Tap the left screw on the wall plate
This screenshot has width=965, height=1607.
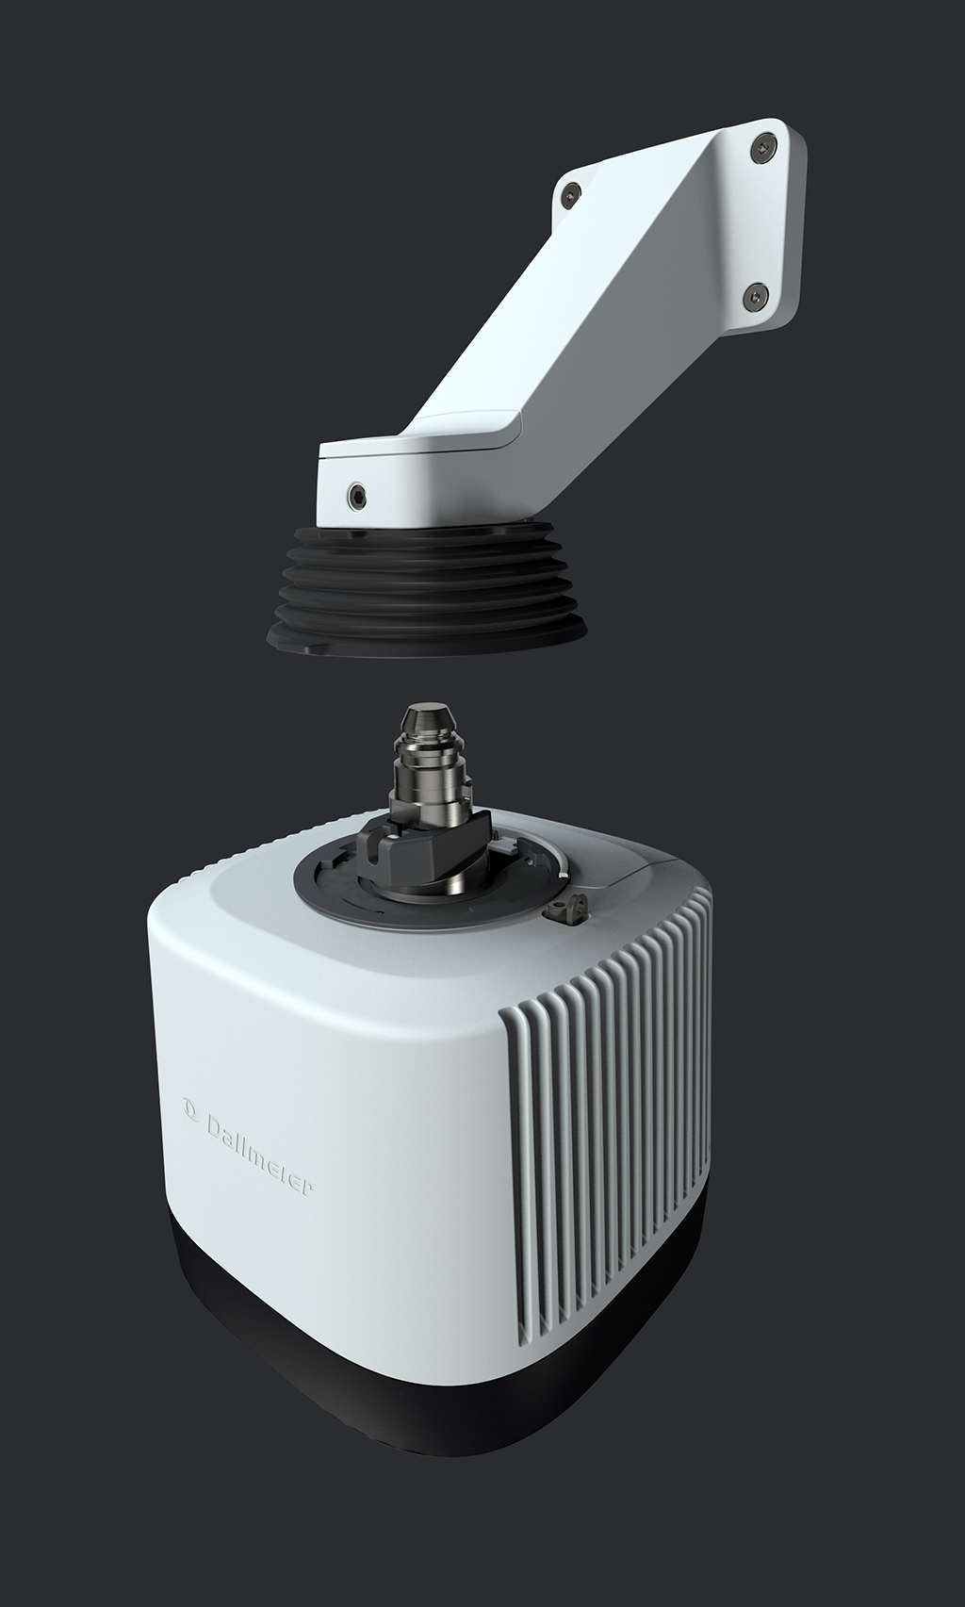571,191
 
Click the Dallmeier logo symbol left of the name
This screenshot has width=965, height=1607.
189,1107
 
